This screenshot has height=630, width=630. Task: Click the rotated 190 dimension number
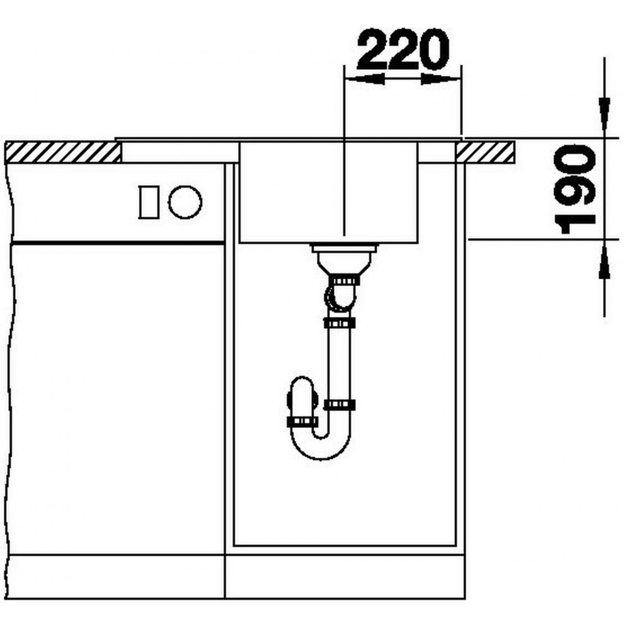tap(575, 190)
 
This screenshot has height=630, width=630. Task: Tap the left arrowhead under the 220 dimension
tap(365, 79)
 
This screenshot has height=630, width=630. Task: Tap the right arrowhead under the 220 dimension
tap(440, 79)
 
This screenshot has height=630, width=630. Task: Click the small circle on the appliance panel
tap(185, 202)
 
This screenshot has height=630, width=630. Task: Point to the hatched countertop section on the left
tap(63, 152)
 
